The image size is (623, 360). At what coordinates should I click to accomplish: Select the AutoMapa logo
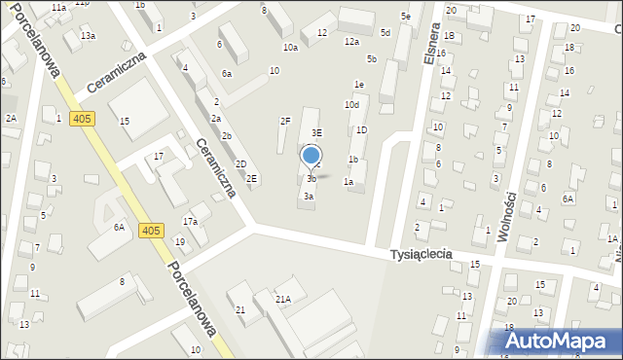(560, 341)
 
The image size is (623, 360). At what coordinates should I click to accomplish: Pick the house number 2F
(285, 121)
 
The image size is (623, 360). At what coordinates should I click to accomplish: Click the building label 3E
(316, 132)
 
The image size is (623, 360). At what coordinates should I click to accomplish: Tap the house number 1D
(361, 129)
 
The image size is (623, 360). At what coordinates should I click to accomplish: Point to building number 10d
(351, 104)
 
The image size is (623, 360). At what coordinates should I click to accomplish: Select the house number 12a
(351, 42)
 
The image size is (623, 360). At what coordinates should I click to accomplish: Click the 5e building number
(405, 18)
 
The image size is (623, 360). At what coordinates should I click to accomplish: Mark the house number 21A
(282, 300)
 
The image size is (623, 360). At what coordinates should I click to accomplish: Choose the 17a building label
(190, 222)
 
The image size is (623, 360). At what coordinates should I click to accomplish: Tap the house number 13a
(88, 36)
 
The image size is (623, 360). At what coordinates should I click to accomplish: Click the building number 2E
(251, 178)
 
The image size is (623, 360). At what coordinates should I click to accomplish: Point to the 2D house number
(240, 163)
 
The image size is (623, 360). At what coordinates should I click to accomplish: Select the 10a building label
(290, 47)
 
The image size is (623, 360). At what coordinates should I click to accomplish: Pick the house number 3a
(309, 196)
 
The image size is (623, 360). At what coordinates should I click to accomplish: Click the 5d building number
(385, 33)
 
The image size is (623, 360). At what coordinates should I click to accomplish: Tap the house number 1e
(359, 85)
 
